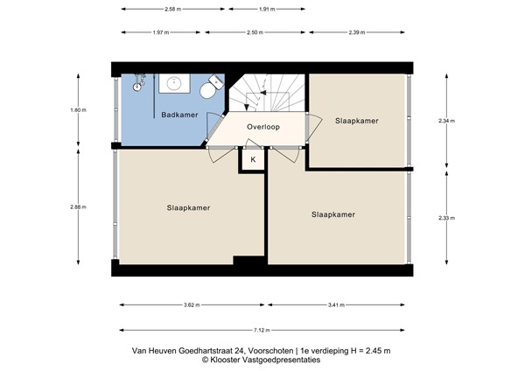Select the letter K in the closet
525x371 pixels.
pos(253,160)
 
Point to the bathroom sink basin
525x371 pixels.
pos(173,84)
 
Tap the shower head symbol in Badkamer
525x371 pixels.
pos(137,85)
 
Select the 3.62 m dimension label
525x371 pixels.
pos(191,305)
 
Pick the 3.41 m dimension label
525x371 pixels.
pos(336,305)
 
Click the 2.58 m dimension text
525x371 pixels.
pos(172,9)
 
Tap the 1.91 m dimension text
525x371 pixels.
pos(267,9)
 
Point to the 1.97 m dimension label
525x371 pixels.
pos(158,32)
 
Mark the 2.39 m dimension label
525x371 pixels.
pos(356,32)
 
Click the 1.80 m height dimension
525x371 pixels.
pos(78,110)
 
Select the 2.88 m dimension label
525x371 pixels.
pos(78,206)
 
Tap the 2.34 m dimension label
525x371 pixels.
pos(447,121)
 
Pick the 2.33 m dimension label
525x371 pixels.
pos(447,218)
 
